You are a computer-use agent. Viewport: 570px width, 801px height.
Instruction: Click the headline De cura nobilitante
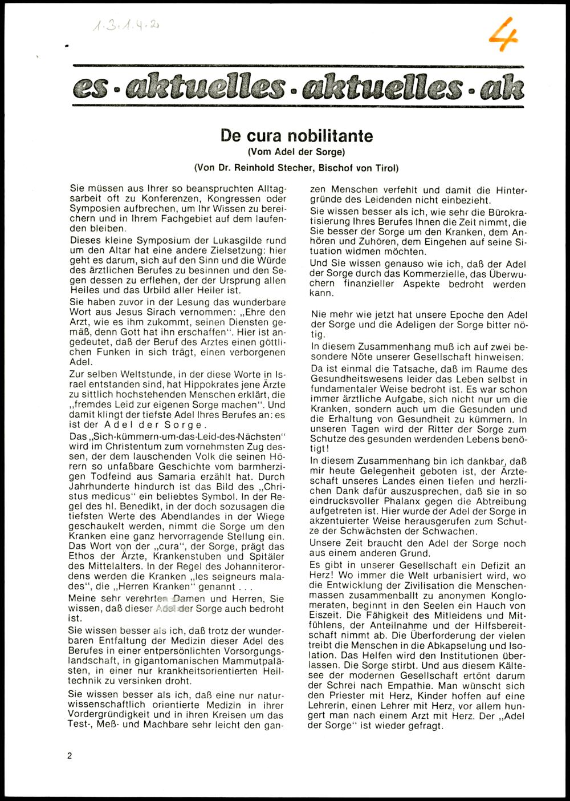pos(296,136)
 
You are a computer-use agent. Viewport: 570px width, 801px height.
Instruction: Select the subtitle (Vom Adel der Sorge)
pos(296,152)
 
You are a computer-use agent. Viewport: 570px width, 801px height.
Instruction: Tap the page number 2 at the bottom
pos(70,756)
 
